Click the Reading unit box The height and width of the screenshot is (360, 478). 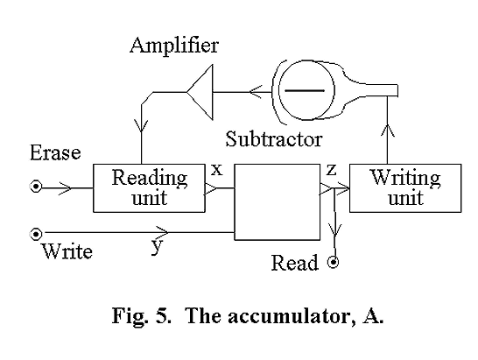click(150, 187)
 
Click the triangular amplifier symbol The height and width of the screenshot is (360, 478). click(200, 91)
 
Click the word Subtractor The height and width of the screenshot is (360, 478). click(273, 138)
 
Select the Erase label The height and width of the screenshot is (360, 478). click(54, 153)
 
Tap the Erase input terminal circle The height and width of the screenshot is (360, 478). click(36, 187)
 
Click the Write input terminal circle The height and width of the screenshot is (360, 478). click(36, 233)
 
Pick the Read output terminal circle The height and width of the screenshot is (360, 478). click(333, 262)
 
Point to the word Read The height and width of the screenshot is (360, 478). click(294, 263)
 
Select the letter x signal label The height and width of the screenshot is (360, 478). click(215, 170)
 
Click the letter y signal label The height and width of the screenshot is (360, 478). click(157, 245)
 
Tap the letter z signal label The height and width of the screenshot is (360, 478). click(331, 170)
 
